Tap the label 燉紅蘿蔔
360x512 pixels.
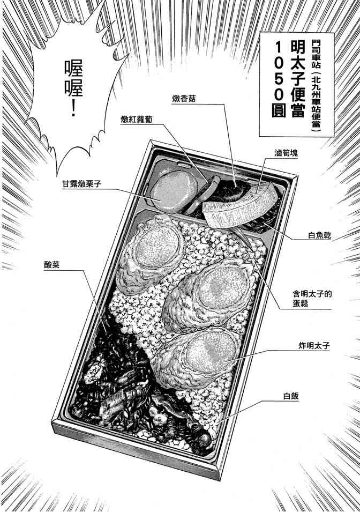(x=138, y=121)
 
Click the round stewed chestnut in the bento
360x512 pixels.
(x=169, y=189)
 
